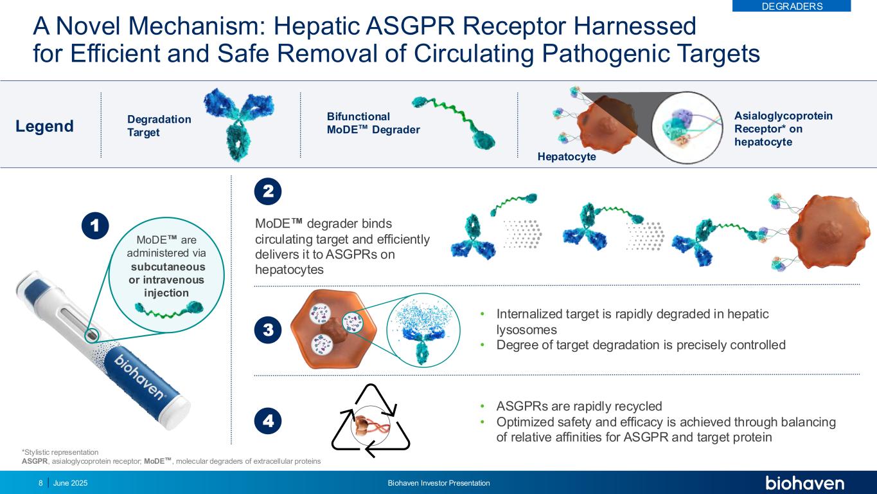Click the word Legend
[45, 126]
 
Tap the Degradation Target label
[159, 125]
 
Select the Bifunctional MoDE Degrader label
[373, 123]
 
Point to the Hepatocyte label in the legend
[567, 156]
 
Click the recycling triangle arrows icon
[371, 420]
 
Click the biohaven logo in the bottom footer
[804, 483]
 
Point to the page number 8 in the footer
[41, 483]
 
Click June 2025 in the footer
[71, 483]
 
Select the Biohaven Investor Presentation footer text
[439, 483]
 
